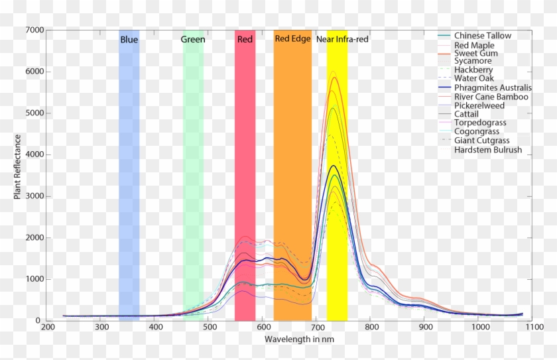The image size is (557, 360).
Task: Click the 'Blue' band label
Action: (x=129, y=40)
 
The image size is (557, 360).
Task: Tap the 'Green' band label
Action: (x=193, y=40)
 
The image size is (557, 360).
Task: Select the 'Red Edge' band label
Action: (x=292, y=39)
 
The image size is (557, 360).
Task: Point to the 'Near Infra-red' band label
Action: (x=342, y=40)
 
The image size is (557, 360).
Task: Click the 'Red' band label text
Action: (x=245, y=40)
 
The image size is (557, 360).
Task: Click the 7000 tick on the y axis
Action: (x=34, y=30)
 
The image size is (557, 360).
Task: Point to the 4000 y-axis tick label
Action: (x=34, y=155)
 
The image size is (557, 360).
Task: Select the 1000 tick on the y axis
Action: (x=34, y=280)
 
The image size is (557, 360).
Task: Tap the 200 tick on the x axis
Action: (x=48, y=328)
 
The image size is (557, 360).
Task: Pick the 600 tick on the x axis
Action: (x=263, y=328)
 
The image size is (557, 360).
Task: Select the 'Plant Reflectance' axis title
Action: (x=18, y=166)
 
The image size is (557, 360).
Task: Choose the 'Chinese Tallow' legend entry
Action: (x=483, y=36)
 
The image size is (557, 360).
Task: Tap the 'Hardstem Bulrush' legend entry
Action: (x=488, y=150)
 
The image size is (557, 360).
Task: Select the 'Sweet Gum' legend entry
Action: (x=476, y=53)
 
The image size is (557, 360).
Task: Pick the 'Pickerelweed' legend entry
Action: (x=479, y=106)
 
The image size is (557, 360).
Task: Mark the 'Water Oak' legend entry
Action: (x=474, y=79)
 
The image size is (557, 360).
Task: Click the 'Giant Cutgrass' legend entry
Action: (x=483, y=141)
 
